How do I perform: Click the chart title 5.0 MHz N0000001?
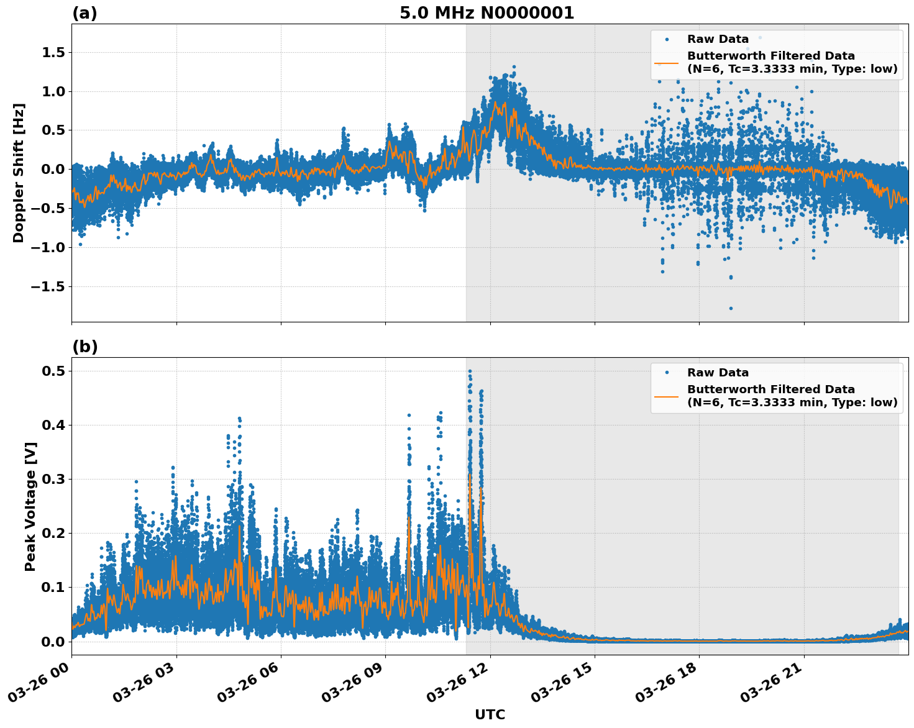coord(487,13)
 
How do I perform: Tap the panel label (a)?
coord(85,13)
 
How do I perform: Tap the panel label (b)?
coord(85,347)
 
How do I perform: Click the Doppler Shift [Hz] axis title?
coord(19,173)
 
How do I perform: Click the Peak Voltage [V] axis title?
coord(30,506)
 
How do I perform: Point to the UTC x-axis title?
coord(490,714)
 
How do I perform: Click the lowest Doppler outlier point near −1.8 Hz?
coord(731,308)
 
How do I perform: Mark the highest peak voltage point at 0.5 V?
coord(470,371)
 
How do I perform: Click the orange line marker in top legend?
coord(667,63)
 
